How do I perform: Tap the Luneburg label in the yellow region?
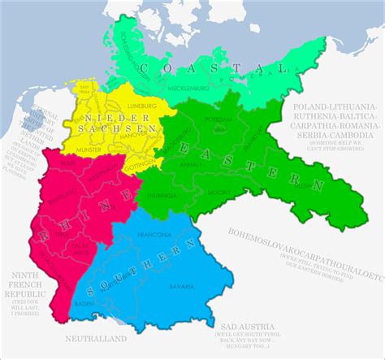[136, 106]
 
